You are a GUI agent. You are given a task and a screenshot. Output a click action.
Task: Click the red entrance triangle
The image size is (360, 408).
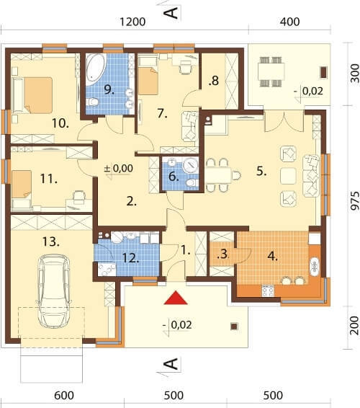176,298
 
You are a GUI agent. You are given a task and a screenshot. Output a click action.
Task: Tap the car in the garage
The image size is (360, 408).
53,291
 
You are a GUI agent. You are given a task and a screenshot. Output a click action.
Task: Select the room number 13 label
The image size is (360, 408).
50,241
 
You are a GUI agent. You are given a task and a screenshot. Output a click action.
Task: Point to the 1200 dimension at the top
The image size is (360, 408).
132,22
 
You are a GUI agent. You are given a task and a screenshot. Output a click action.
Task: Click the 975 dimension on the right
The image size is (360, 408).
354,200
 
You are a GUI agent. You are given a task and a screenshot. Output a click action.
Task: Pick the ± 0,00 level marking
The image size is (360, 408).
118,169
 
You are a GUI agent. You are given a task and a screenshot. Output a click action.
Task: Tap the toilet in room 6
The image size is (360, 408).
192,182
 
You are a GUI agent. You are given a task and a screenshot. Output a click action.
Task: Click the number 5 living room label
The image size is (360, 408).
261,171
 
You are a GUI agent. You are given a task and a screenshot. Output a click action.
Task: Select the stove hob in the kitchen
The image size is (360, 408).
268,291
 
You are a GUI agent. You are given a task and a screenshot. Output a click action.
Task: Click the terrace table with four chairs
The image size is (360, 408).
271,71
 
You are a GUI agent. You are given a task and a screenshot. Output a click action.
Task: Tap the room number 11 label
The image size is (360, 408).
49,179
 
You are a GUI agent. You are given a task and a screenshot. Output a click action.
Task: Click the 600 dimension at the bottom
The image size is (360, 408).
64,395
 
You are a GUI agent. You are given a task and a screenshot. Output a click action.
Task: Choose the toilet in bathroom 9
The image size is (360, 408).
92,102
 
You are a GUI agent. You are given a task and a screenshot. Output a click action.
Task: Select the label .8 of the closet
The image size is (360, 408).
214,81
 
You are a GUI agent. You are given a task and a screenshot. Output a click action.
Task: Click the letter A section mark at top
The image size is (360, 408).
171,13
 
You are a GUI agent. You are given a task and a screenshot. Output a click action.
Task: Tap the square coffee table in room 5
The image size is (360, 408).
289,176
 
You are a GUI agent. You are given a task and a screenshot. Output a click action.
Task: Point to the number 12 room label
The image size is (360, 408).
130,258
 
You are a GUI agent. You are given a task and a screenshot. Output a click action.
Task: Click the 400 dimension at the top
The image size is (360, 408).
290,22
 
